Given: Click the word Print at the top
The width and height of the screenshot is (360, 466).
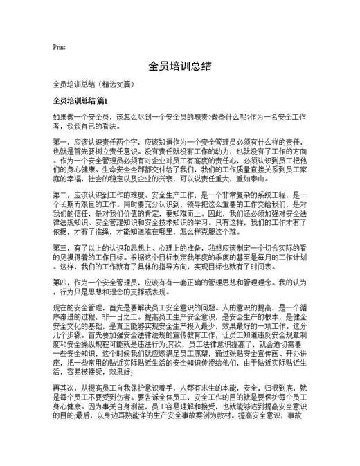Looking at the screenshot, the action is [59, 48].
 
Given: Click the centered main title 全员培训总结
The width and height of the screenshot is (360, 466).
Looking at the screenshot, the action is [179, 67].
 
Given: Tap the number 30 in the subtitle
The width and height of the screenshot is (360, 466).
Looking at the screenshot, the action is [119, 84].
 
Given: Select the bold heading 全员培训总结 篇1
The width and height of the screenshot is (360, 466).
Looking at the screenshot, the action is [80, 101].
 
